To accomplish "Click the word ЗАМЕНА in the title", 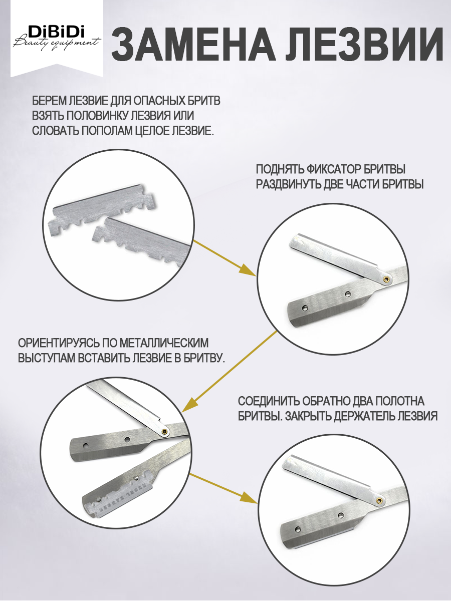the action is (x=192, y=45).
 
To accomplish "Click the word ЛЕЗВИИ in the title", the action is (x=364, y=45).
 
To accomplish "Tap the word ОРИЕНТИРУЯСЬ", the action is (x=58, y=343).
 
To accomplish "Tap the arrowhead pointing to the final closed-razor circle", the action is (x=248, y=496).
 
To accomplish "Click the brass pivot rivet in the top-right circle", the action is (x=387, y=279).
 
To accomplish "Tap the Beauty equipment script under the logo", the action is (x=57, y=43).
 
